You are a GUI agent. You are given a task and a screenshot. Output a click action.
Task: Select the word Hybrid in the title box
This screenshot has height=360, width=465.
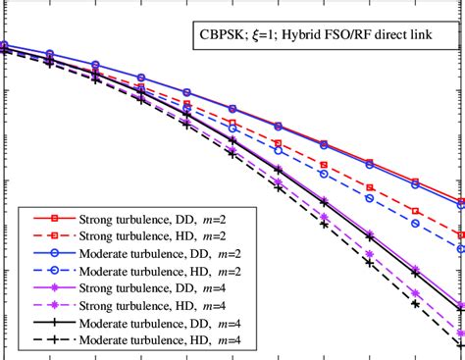tap(319, 43)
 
